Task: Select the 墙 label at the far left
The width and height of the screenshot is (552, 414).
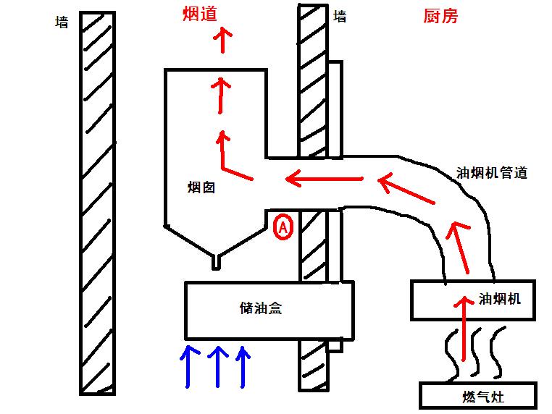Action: click(x=62, y=22)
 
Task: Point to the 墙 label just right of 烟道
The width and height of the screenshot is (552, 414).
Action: click(x=339, y=16)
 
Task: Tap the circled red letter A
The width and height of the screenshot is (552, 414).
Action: click(x=283, y=228)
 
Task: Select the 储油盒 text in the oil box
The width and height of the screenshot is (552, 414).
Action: click(x=260, y=308)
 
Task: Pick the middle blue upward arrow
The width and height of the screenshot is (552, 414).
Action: click(x=217, y=366)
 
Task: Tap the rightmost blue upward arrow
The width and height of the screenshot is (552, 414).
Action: click(x=243, y=366)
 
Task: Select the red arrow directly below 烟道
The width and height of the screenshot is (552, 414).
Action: click(x=224, y=43)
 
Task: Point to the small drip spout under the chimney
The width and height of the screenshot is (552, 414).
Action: click(x=215, y=261)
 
